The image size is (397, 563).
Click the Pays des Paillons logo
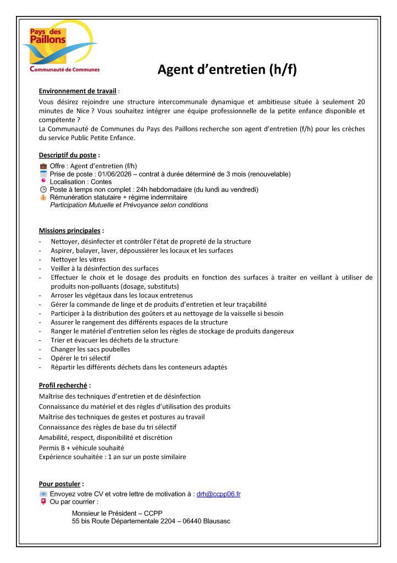(60, 49)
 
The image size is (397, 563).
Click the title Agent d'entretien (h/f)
(227, 70)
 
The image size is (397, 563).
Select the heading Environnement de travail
(78, 91)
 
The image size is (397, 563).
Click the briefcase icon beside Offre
(43, 165)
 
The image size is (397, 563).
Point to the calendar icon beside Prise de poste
(43, 174)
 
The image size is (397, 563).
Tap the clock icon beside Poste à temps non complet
(43, 189)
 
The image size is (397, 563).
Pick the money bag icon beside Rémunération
(43, 197)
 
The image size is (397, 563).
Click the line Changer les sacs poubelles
(90, 349)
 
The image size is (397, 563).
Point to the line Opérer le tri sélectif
(80, 358)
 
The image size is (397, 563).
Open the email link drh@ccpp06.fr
(218, 494)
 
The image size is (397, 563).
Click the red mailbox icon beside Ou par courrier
(43, 501)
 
